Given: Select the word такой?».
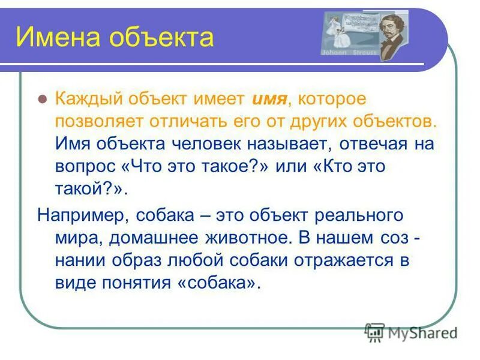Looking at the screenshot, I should click(x=90, y=189).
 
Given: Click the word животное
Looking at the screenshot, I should click(x=247, y=236).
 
